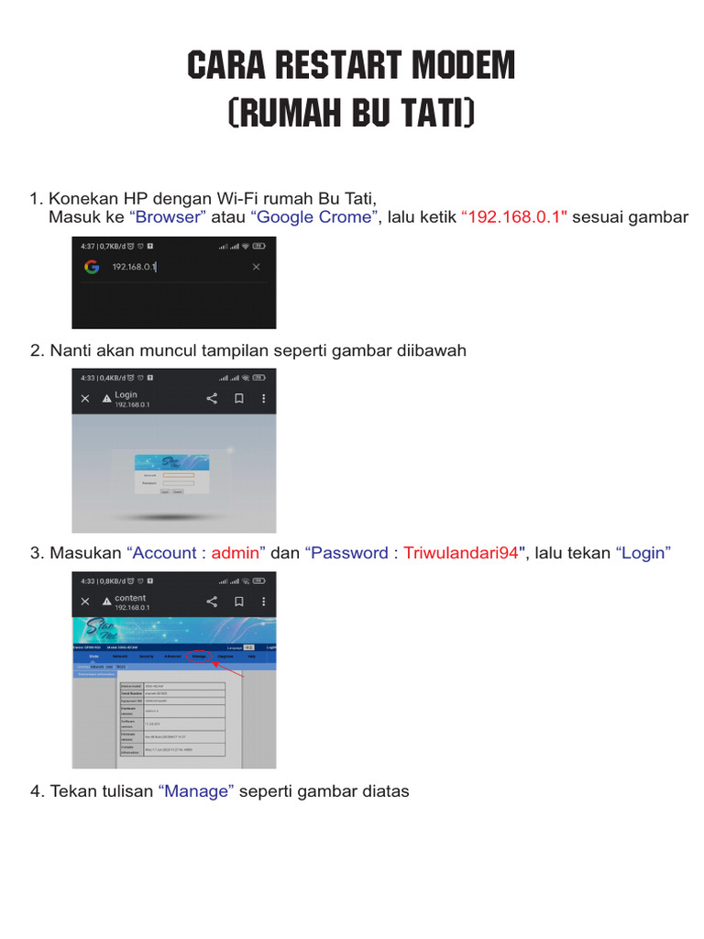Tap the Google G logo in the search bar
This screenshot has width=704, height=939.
pyautogui.click(x=92, y=267)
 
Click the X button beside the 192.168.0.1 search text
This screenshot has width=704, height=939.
pyautogui.click(x=256, y=267)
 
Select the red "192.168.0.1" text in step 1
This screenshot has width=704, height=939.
pyautogui.click(x=514, y=217)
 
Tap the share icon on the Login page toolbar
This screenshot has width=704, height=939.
pyautogui.click(x=212, y=399)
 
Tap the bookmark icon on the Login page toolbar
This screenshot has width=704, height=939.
pyautogui.click(x=238, y=399)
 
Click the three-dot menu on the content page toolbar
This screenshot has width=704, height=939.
pyautogui.click(x=264, y=602)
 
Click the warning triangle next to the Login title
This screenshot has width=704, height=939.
pyautogui.click(x=106, y=399)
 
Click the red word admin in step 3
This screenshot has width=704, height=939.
pyautogui.click(x=238, y=553)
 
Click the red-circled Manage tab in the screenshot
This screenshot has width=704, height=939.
pyautogui.click(x=199, y=657)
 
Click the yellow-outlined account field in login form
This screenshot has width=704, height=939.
pyautogui.click(x=178, y=475)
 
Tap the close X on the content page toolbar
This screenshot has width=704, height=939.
pyautogui.click(x=85, y=602)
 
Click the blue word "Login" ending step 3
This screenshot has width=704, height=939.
pyautogui.click(x=643, y=553)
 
